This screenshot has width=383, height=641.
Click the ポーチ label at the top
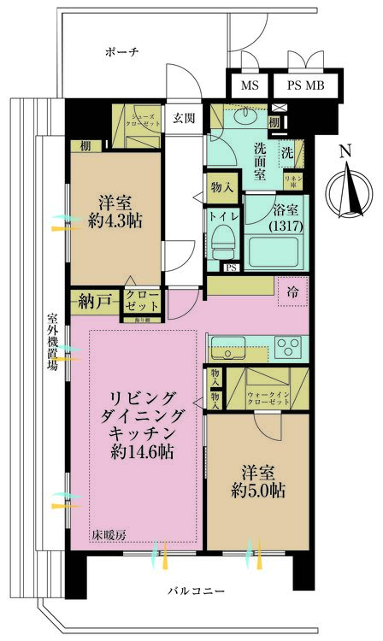122,51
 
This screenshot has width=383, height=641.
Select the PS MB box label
305,86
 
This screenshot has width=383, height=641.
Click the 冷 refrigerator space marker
292,292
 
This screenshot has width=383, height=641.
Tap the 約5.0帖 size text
257,491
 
